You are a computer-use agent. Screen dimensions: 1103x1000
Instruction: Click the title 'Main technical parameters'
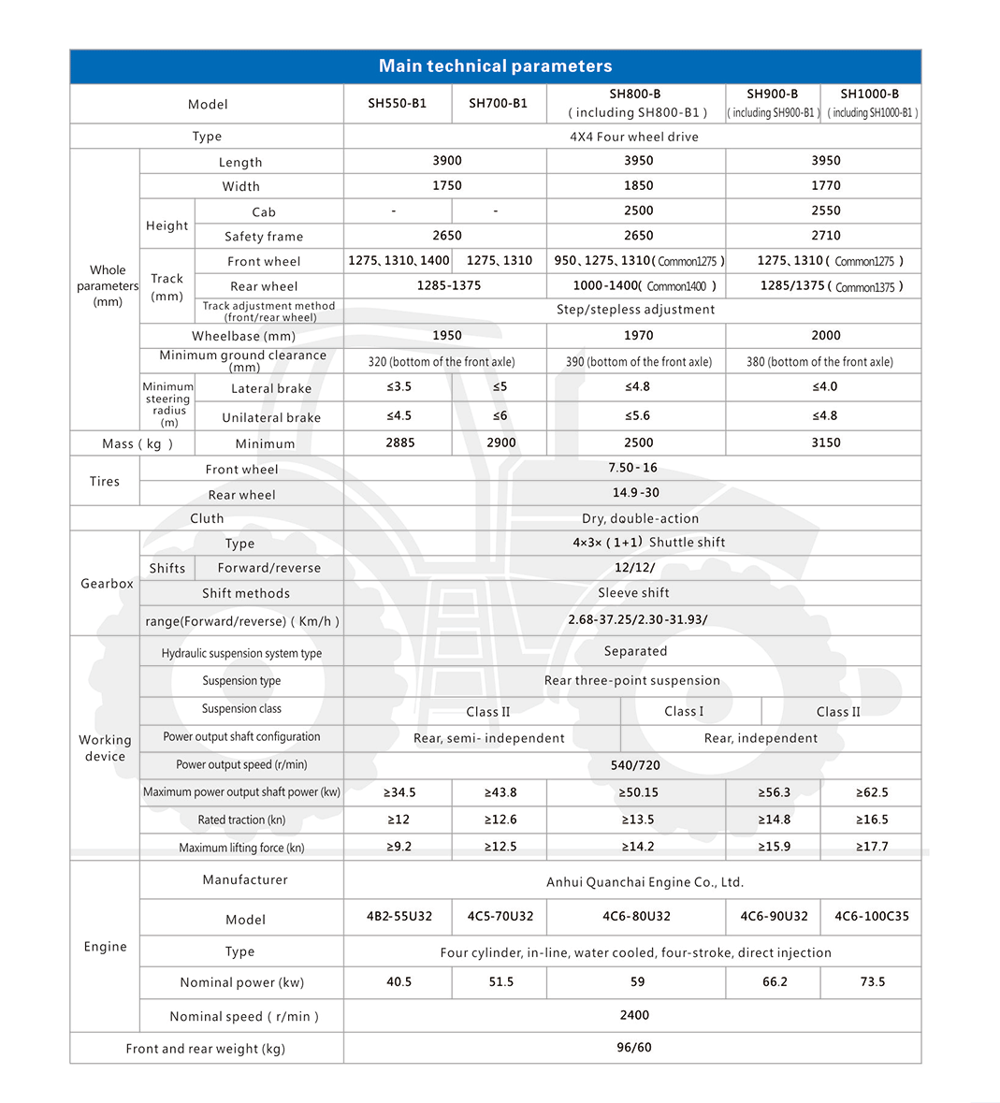click(495, 66)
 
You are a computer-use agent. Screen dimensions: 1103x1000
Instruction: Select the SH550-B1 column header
click(397, 104)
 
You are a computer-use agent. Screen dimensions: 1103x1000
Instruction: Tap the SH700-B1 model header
click(498, 104)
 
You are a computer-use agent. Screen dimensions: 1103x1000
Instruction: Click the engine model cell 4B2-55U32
click(399, 917)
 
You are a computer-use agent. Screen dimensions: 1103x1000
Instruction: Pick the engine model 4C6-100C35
click(871, 917)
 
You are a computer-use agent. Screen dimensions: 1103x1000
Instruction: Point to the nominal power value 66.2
click(775, 982)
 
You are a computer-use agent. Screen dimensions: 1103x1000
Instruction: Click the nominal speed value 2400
click(634, 1015)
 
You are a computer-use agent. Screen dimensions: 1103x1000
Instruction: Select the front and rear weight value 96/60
click(634, 1048)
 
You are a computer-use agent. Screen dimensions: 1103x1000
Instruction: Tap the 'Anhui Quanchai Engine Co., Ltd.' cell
click(645, 882)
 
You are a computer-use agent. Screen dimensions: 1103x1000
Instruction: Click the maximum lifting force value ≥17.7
click(872, 847)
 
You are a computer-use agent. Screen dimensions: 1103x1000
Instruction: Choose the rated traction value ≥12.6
click(500, 820)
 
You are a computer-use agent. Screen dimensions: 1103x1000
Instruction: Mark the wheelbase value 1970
click(638, 335)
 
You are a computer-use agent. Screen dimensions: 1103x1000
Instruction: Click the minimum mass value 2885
click(399, 443)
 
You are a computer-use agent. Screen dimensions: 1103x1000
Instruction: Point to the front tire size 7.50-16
click(633, 468)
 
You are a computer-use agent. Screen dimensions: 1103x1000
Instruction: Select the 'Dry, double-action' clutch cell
click(640, 518)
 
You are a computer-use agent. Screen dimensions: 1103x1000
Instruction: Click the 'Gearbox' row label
click(107, 584)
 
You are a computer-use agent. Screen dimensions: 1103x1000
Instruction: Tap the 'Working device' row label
click(105, 747)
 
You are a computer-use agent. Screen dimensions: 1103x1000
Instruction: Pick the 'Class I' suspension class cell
click(684, 711)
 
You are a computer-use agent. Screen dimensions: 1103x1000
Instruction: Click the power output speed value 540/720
click(634, 765)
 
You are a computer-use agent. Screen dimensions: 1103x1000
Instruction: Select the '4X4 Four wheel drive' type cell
click(634, 137)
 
